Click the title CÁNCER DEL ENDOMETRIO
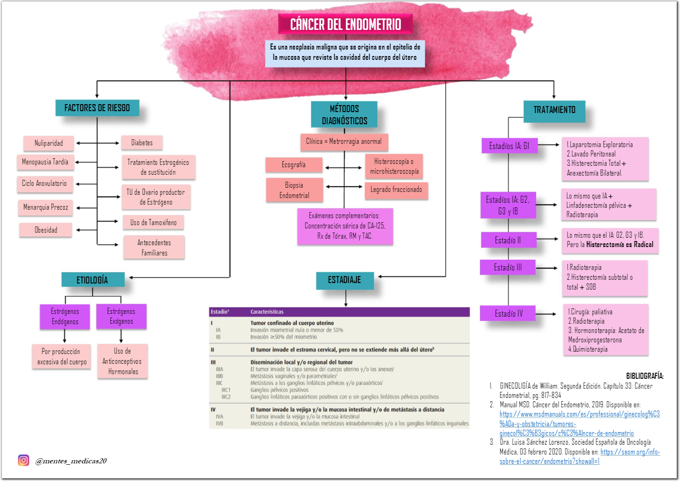pyautogui.click(x=345, y=24)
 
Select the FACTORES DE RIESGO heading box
pyautogui.click(x=97, y=108)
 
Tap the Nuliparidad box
pyautogui.click(x=49, y=143)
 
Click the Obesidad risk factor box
pyautogui.click(x=46, y=230)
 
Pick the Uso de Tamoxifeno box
pyautogui.click(x=153, y=223)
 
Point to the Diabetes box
pyautogui.click(x=142, y=142)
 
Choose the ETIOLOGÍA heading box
pyautogui.click(x=93, y=280)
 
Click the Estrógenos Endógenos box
pyautogui.click(x=65, y=317)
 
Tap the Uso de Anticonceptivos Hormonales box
pyautogui.click(x=122, y=361)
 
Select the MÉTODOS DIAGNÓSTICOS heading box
pyautogui.click(x=344, y=114)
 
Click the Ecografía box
pyautogui.click(x=293, y=165)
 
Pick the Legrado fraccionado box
pyautogui.click(x=396, y=190)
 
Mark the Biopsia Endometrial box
pyautogui.click(x=294, y=190)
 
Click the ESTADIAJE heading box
pyautogui.click(x=344, y=280)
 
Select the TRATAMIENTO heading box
pyautogui.click(x=554, y=110)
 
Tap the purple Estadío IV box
pyautogui.click(x=508, y=313)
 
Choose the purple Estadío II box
pyautogui.click(x=508, y=240)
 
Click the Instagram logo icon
pyautogui.click(x=23, y=461)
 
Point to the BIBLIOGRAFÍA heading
pyautogui.click(x=644, y=376)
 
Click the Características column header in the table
pyautogui.click(x=267, y=312)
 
